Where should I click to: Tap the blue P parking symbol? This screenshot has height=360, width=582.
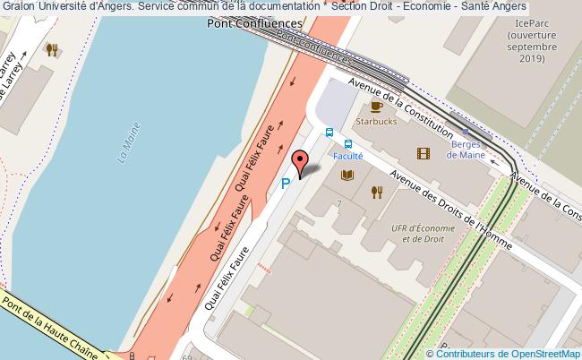tap(286, 184)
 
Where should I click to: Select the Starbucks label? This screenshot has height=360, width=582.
tap(377, 122)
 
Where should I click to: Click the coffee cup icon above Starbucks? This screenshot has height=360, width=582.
tap(377, 107)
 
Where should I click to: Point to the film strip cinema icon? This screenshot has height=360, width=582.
tap(423, 153)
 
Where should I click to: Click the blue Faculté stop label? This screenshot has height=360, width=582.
tap(347, 155)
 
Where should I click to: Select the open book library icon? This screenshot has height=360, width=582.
tap(347, 175)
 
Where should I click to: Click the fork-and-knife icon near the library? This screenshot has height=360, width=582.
tap(377, 191)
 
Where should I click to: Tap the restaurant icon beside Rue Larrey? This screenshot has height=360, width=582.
tap(53, 50)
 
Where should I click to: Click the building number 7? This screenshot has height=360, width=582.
tap(339, 204)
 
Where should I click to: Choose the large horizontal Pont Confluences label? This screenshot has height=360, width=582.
tap(254, 25)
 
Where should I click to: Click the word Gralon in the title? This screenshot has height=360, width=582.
tap(20, 7)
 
